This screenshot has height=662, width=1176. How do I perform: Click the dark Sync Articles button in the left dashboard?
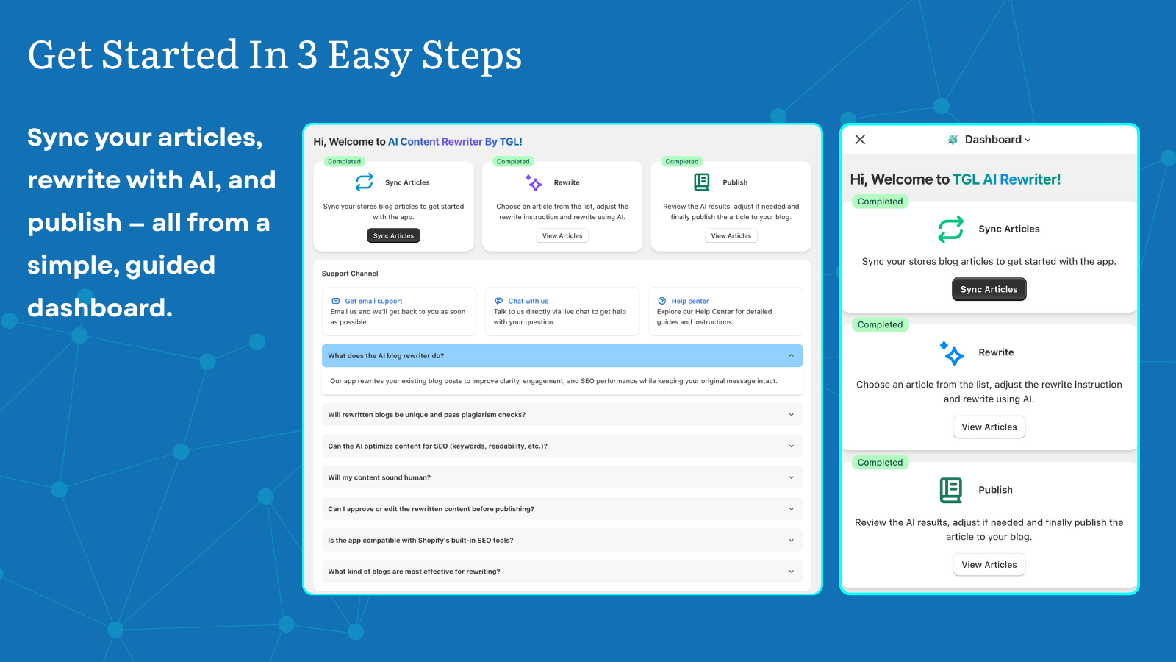[393, 235]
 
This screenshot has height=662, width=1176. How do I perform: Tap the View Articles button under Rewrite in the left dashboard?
[562, 235]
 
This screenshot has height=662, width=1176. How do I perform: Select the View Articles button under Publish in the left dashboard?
[731, 235]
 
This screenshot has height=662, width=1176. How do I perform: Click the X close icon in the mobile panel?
[860, 140]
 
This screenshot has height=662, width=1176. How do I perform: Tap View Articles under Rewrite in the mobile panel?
[989, 427]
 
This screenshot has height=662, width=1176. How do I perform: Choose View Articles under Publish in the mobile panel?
[989, 565]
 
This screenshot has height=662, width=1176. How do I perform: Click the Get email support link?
[373, 301]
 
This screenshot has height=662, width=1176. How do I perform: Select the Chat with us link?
[528, 301]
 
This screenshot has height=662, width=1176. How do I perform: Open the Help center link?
[689, 301]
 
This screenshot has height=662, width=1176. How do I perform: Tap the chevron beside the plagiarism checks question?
[792, 415]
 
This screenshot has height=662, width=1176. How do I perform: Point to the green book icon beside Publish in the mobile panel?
[950, 490]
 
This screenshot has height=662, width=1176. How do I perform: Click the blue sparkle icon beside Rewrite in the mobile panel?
[952, 353]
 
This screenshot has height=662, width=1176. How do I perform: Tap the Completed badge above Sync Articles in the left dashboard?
[344, 162]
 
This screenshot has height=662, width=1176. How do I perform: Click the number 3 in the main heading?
[307, 56]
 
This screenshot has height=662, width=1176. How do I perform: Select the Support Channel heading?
[350, 274]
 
